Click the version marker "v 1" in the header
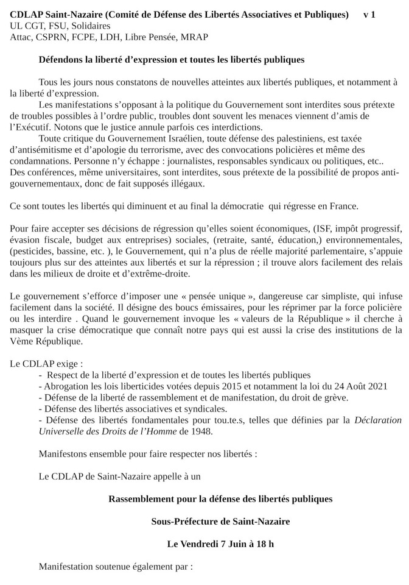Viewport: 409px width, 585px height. pyautogui.click(x=369, y=14)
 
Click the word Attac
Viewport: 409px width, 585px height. pyautogui.click(x=21, y=37)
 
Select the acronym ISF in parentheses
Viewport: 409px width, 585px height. pyautogui.click(x=315, y=229)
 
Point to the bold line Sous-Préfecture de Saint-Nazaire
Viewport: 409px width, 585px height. pyautogui.click(x=220, y=521)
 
